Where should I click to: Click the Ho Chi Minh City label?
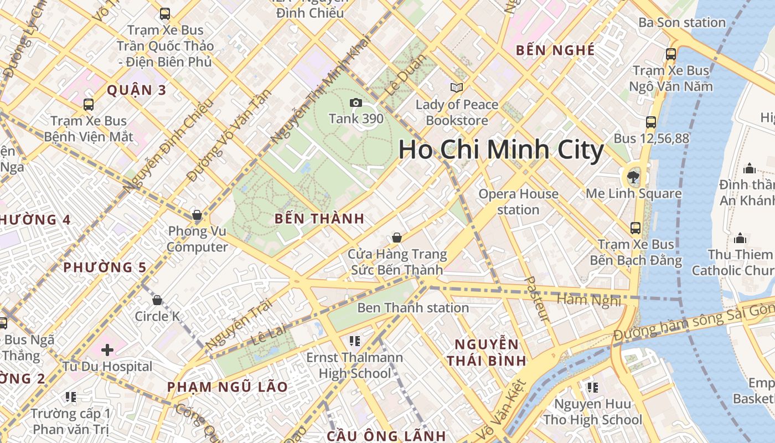pyautogui.click(x=501, y=151)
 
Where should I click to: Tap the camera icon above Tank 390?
pyautogui.click(x=356, y=102)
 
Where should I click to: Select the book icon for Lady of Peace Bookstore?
pyautogui.click(x=457, y=87)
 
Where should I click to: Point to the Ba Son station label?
pyautogui.click(x=681, y=23)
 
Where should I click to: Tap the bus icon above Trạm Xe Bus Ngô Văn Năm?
pyautogui.click(x=671, y=54)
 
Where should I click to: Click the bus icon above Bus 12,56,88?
pyautogui.click(x=651, y=122)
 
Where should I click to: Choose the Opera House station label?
pyautogui.click(x=518, y=202)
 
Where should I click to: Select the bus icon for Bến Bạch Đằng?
pyautogui.click(x=635, y=228)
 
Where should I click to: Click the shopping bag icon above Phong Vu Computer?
pyautogui.click(x=197, y=215)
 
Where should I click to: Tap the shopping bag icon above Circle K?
pyautogui.click(x=157, y=300)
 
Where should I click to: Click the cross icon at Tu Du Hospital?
pyautogui.click(x=107, y=349)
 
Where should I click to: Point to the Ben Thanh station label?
pyautogui.click(x=413, y=307)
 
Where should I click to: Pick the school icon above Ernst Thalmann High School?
pyautogui.click(x=355, y=341)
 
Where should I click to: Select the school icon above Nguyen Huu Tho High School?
pyautogui.click(x=592, y=387)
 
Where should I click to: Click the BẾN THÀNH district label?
pyautogui.click(x=319, y=219)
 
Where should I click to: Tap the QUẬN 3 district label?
pyautogui.click(x=136, y=90)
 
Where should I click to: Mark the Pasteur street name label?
pyautogui.click(x=536, y=299)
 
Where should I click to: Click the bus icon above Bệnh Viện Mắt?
pyautogui.click(x=88, y=104)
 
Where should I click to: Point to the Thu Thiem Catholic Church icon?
pyautogui.click(x=740, y=239)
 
